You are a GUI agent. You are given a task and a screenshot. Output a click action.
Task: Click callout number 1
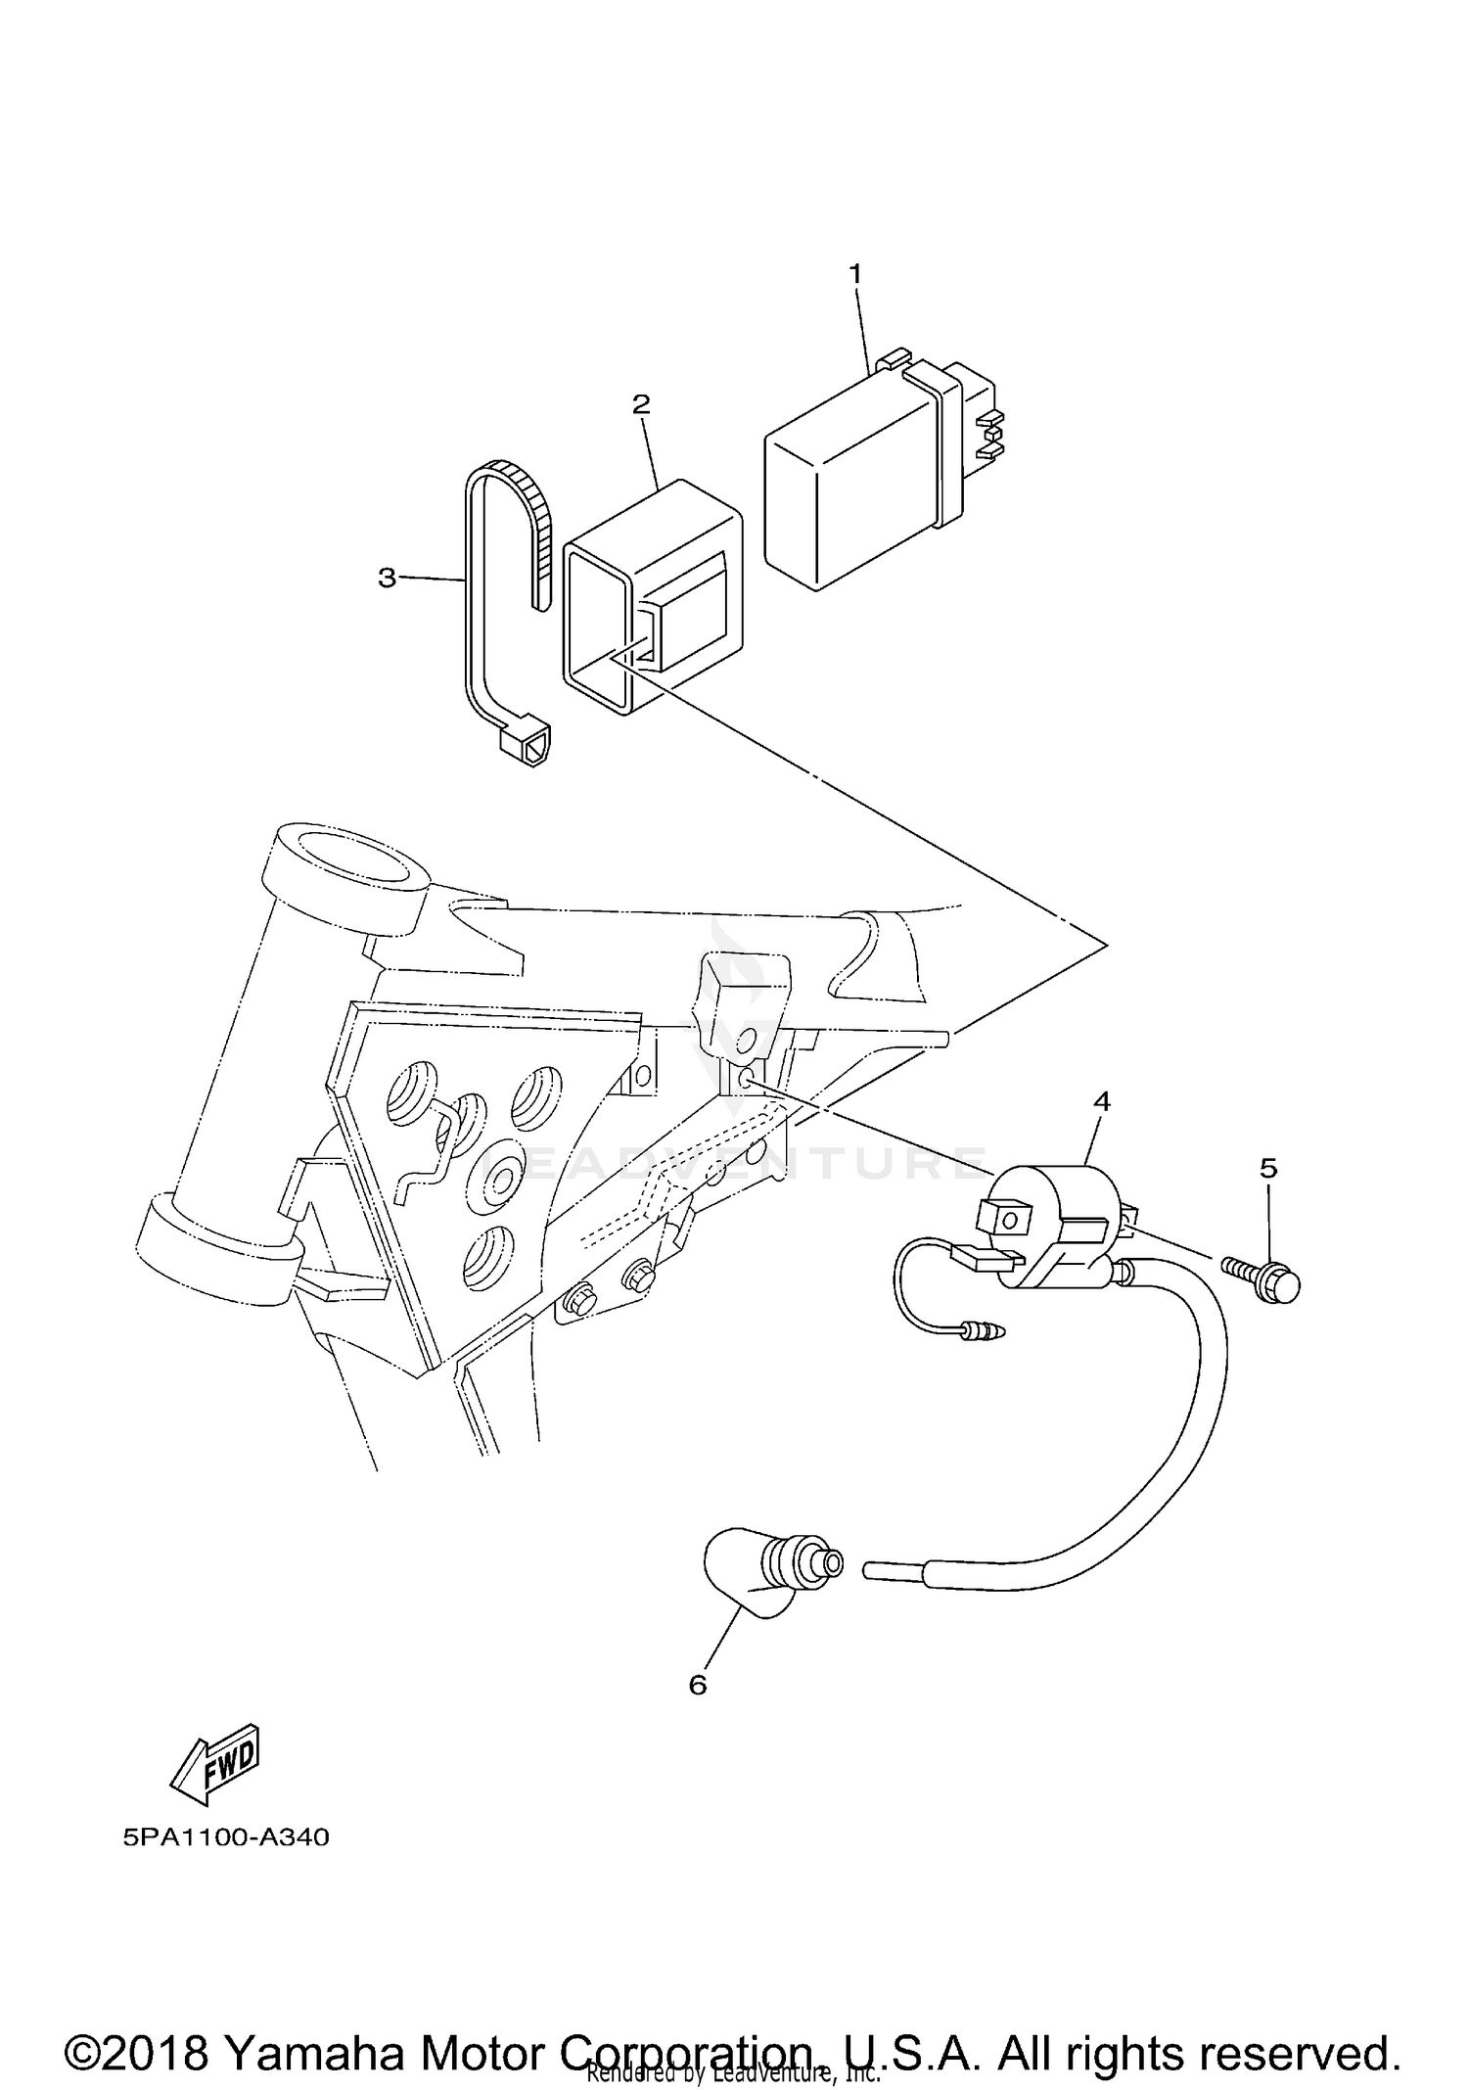coord(855,274)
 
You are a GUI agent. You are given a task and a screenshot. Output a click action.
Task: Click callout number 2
coord(641,403)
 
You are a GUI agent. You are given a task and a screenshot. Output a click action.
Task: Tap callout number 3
coord(388,579)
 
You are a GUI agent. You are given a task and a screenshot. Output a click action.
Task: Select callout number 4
coord(1101,1101)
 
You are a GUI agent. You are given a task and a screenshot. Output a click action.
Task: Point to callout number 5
coord(1268,1168)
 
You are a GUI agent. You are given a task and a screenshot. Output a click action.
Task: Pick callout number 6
coord(698,1685)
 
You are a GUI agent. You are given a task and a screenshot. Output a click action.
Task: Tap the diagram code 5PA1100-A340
coord(226,1837)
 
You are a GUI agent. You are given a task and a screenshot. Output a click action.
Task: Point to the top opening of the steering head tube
coord(352,851)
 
